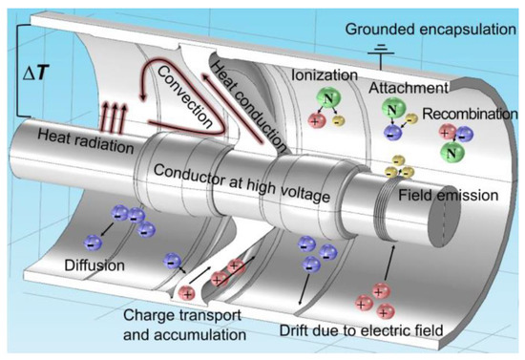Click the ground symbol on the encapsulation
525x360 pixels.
[x=381, y=56]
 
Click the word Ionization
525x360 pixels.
[x=325, y=75]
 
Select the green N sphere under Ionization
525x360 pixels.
[x=328, y=98]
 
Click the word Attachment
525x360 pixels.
[x=409, y=88]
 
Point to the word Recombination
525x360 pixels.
[x=470, y=114]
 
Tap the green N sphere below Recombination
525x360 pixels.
[x=452, y=153]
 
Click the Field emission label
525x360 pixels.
[x=448, y=195]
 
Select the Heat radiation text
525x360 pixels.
[x=86, y=142]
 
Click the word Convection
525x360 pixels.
[x=185, y=96]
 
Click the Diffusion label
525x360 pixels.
[x=94, y=265]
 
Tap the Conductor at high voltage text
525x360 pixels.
[x=241, y=183]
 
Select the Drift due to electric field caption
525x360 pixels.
[x=361, y=330]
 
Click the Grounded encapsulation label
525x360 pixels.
[x=430, y=30]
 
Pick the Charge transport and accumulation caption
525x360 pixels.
[x=184, y=325]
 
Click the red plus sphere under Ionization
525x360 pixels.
[x=315, y=121]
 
